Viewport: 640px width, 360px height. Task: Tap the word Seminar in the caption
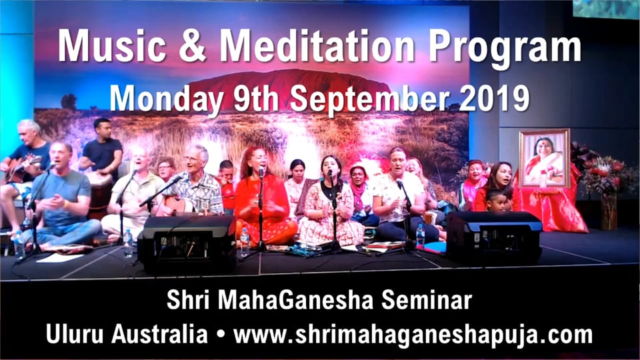tap(427, 302)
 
